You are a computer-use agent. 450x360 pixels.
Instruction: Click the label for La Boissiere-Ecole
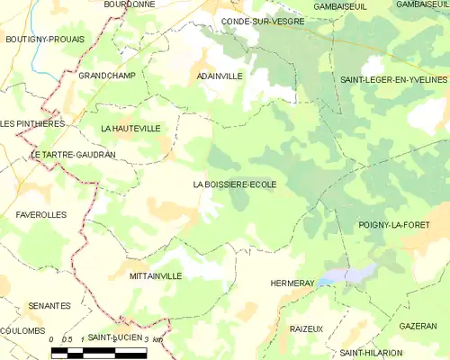pos(235,184)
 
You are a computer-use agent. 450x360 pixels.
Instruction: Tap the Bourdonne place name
pos(130,4)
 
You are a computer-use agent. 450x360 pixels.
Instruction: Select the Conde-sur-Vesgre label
pos(262,20)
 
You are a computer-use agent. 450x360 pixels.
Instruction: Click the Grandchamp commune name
pos(106,76)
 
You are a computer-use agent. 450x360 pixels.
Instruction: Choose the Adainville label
pos(220,76)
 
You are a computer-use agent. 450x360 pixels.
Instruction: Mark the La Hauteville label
pos(130,129)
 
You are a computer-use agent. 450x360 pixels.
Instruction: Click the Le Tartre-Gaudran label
pos(74,155)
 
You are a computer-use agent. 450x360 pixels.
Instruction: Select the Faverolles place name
pos(40,215)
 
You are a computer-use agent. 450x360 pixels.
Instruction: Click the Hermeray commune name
pos(292,283)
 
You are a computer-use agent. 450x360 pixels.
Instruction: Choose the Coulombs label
pos(22,330)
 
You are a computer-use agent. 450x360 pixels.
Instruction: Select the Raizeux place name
pos(306,328)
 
